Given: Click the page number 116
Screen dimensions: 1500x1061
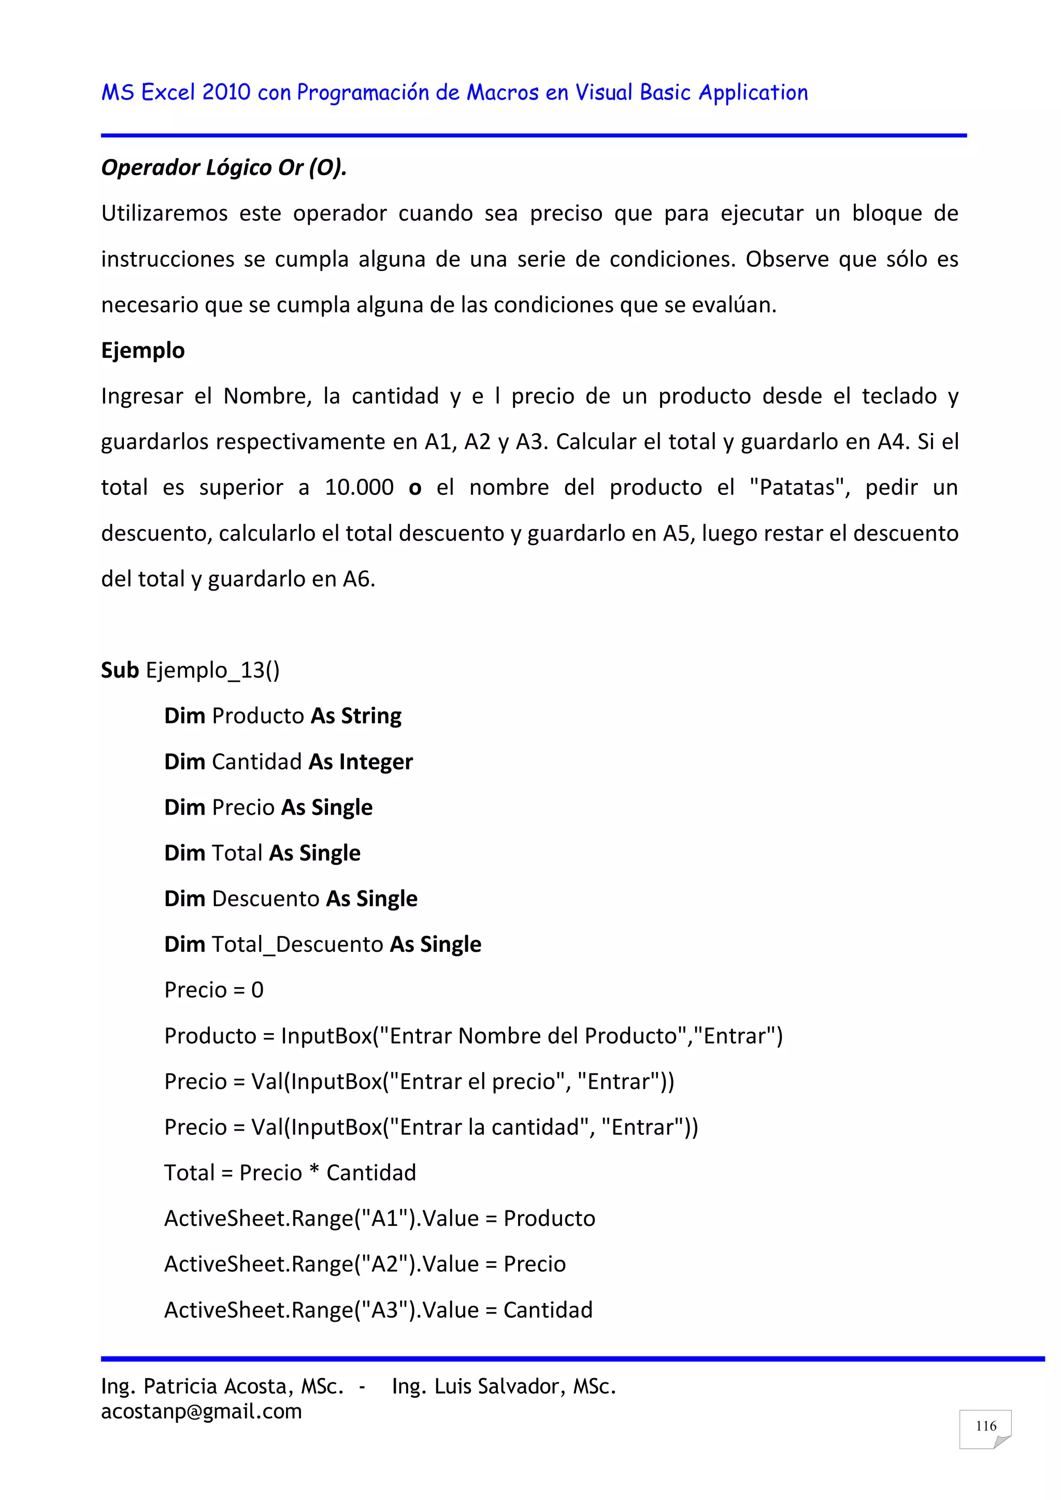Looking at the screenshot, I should coord(985,1426).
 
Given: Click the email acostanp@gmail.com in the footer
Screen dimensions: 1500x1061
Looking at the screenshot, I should coord(201,1411).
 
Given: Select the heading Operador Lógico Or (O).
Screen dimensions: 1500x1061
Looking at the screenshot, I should coord(223,168).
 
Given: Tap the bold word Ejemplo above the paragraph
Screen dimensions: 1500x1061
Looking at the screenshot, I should coord(142,350).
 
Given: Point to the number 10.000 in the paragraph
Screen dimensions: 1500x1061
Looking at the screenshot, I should coord(360,488).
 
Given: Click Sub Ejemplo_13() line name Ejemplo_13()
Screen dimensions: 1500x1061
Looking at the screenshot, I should coord(212,670).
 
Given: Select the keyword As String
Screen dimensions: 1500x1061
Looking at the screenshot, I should coord(356,716).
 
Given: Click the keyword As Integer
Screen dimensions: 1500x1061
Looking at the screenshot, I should coord(361,762).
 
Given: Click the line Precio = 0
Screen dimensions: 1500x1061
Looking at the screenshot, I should coord(213,991).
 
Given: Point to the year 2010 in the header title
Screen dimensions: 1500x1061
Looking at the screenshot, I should coord(226,93).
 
